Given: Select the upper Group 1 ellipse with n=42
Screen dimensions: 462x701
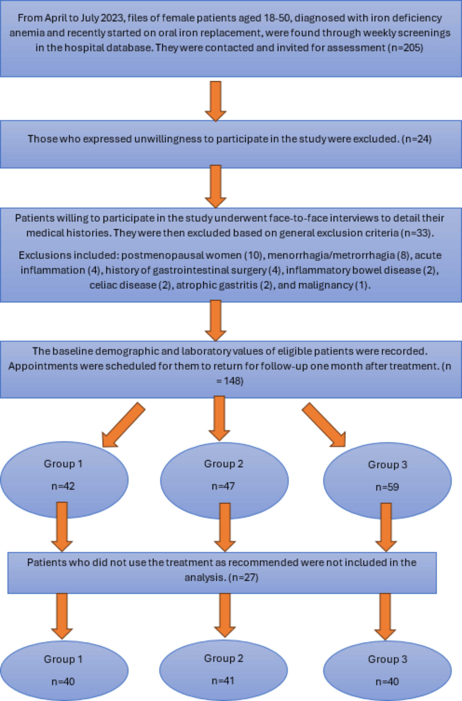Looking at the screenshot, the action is [64, 480].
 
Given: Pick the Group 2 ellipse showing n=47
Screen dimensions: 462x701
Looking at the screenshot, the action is [224, 481].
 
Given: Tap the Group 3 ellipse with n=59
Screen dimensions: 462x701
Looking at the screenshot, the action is [387, 481].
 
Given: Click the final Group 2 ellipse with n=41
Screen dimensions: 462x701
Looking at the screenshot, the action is [223, 670].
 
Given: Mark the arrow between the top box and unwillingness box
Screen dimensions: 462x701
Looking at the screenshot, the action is [216, 101].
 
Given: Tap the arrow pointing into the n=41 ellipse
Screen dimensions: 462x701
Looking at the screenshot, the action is [225, 615].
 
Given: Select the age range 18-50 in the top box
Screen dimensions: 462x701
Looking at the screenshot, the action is [277, 18].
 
